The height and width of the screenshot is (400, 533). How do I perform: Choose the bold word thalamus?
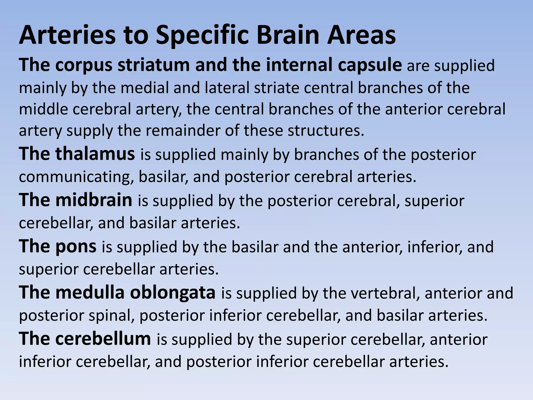point(95,154)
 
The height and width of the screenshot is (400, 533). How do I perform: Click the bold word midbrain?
point(94,200)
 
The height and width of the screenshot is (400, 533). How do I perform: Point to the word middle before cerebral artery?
point(43,109)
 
